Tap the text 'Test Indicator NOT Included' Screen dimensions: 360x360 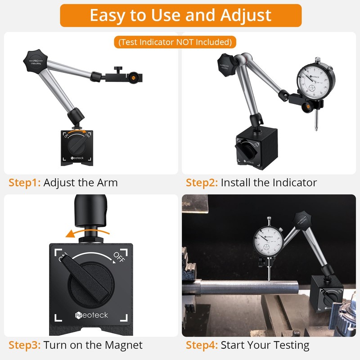tap(175, 42)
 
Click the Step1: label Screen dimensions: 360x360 tap(25, 183)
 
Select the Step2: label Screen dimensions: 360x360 tap(202, 183)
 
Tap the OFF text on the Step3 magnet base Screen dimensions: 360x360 tap(119, 257)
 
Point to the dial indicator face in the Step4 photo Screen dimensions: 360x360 tap(269, 239)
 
